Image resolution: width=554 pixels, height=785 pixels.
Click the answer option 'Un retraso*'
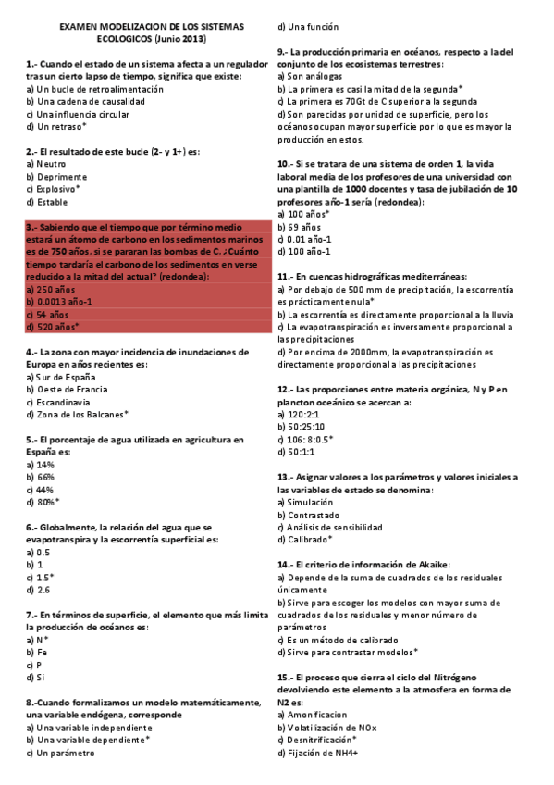(x=60, y=126)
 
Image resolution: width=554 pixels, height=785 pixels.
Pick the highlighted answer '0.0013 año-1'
(x=64, y=302)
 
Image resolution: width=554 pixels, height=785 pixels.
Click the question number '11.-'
(x=287, y=277)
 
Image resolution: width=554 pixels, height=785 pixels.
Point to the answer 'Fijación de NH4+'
(x=322, y=754)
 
